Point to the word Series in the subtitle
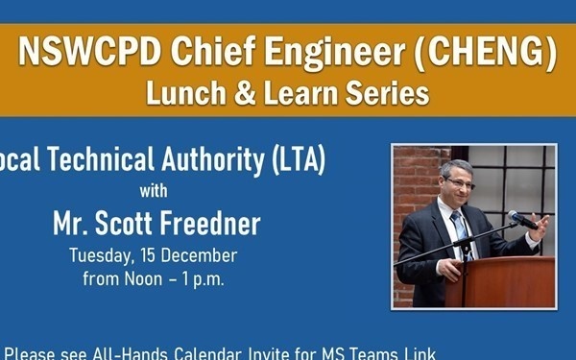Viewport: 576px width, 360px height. pos(388,94)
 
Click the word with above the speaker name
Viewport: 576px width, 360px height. pos(156,189)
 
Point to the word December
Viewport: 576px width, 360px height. pos(199,256)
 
